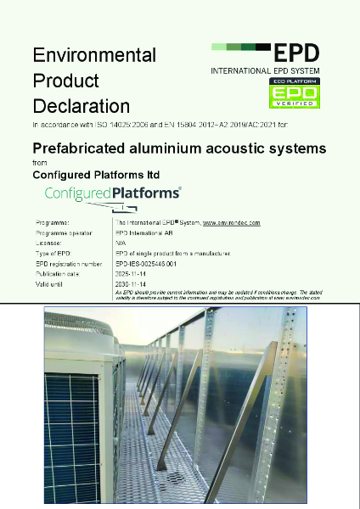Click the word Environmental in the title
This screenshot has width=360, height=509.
point(93,56)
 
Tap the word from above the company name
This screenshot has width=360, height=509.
point(39,162)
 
